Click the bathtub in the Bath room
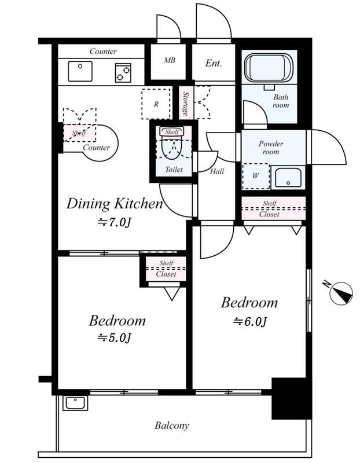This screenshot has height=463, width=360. pos(269,68)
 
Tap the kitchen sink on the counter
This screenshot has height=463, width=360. pos(80,71)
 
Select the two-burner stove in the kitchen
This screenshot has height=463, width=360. pos(123,73)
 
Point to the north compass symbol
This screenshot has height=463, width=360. pos(340,293)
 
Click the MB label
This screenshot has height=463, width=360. pos(170,61)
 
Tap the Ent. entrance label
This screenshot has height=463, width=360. pos(213,63)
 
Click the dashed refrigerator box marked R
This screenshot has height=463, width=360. pos(156,104)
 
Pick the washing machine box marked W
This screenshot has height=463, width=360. pos(256,176)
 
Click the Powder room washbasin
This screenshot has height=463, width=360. pos(288,177)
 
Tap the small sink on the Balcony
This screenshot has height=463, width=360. pos(75,403)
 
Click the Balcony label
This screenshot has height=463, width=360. pos(171,425)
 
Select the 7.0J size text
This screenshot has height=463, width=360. pos(114,222)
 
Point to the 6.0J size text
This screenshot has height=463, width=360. pos(250,321)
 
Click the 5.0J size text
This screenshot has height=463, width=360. pos(114,337)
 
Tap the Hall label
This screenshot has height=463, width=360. pos(217,171)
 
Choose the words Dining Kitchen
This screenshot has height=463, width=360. pos(115,204)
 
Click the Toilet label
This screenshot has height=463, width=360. pos(174,170)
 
